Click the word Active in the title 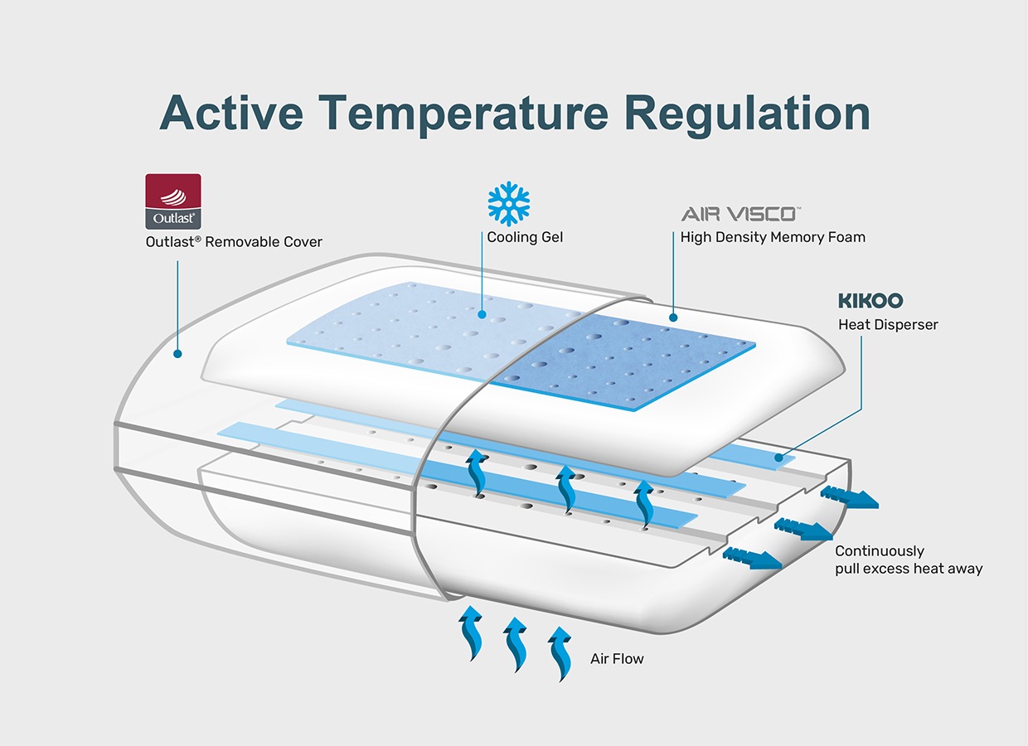click(232, 113)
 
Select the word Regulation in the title click(747, 114)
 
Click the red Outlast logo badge click(173, 201)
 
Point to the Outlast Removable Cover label click(234, 242)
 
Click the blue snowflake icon click(508, 204)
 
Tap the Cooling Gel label click(525, 237)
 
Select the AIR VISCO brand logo click(740, 214)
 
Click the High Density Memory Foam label click(773, 237)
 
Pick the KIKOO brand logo click(870, 301)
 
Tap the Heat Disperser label click(888, 325)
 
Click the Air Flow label click(617, 659)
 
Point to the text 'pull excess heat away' click(909, 569)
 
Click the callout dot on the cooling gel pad click(482, 315)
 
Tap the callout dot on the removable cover click(177, 354)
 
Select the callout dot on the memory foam click(673, 317)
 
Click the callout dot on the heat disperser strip click(778, 458)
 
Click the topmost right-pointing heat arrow click(850, 498)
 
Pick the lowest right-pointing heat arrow click(752, 559)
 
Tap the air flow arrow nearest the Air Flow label click(560, 654)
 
